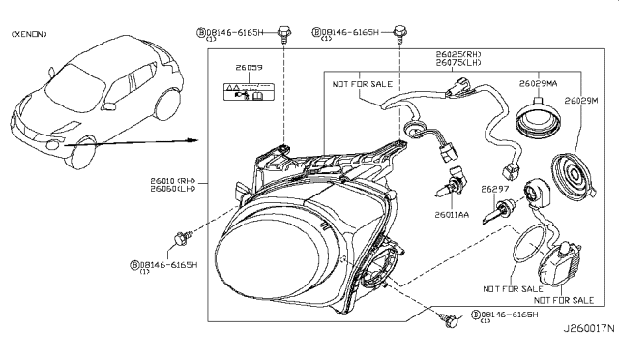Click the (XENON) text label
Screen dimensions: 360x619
pos(30,35)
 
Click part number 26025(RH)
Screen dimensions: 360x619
pos(462,53)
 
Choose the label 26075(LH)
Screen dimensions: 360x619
pos(462,63)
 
